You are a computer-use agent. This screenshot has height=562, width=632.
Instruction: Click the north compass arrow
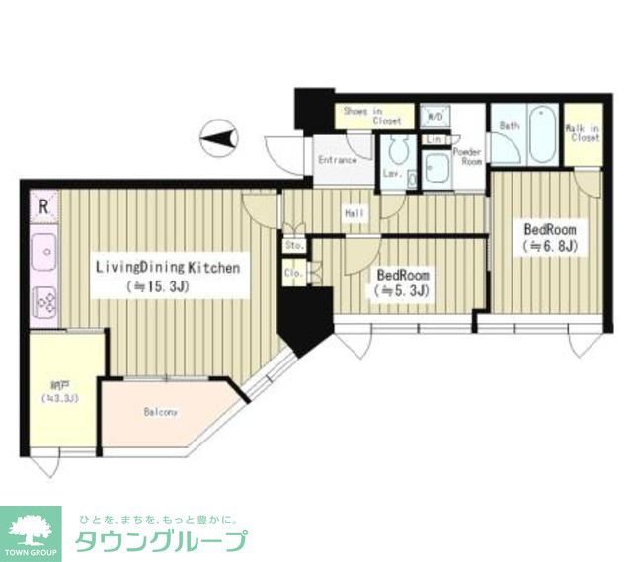[x=218, y=135]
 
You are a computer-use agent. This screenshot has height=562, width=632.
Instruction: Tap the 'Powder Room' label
[x=466, y=156]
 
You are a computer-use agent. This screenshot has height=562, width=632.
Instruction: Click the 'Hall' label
[x=355, y=212]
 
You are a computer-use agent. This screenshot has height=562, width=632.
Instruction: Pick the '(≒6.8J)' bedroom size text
[x=549, y=245]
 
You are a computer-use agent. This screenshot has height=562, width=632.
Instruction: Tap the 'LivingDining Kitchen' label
[x=167, y=267]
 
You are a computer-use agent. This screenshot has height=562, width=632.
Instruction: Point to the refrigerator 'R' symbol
[x=42, y=207]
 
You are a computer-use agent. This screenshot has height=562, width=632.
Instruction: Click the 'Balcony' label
[x=160, y=412]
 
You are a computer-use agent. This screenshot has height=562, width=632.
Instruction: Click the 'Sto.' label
[x=293, y=244]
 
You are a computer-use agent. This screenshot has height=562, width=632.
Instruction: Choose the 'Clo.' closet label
[x=293, y=272]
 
